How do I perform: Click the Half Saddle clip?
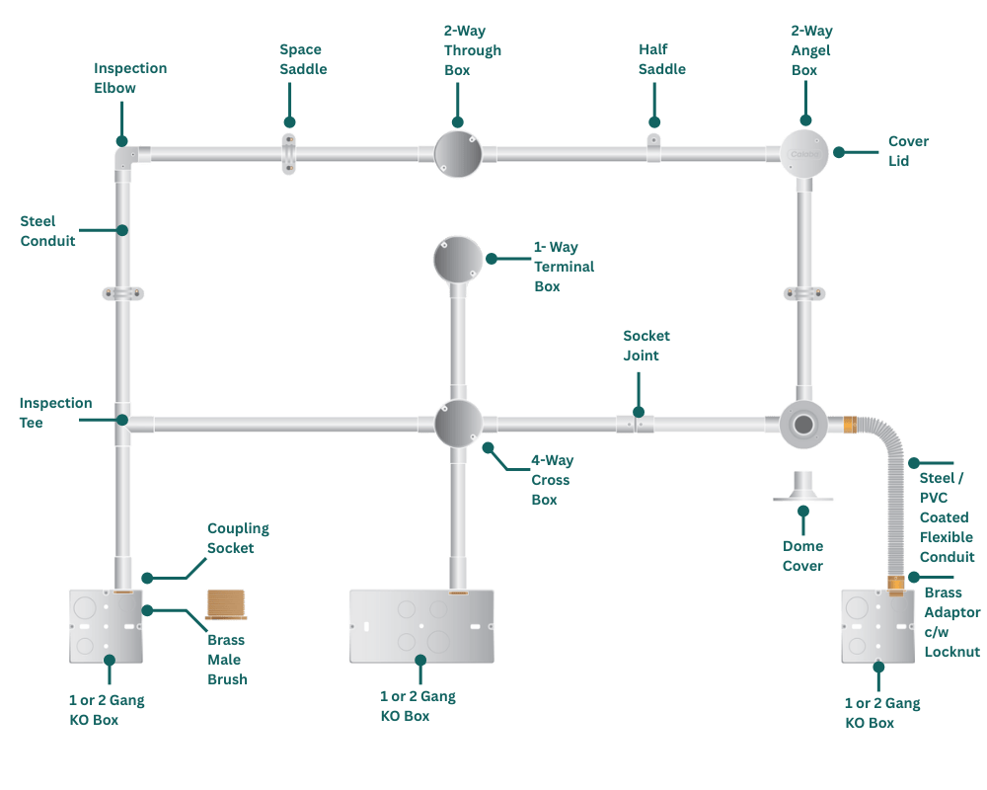tap(653, 149)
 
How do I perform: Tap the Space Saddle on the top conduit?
tap(288, 154)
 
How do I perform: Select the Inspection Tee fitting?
tap(122, 423)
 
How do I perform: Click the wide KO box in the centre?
tap(420, 626)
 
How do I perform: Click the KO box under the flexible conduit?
tap(875, 625)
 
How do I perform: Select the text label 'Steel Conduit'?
tap(47, 230)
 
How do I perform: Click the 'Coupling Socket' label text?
tap(237, 538)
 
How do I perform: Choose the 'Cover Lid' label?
tap(908, 151)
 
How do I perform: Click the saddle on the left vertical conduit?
tap(122, 293)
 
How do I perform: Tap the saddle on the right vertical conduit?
tap(802, 293)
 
